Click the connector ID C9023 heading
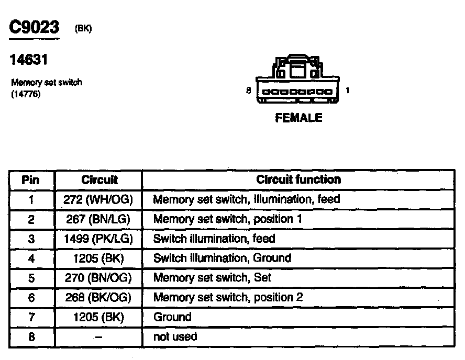tap(35, 28)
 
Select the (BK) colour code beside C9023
tap(83, 29)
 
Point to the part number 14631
tap(29, 60)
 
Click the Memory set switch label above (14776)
tap(47, 83)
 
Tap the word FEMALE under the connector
tap(298, 118)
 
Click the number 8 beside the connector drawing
tap(249, 91)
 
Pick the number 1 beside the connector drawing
tap(347, 91)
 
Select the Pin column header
tap(30, 180)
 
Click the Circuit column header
tap(99, 180)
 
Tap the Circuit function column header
tap(298, 179)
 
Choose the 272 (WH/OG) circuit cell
tap(99, 199)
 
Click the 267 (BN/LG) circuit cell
tap(99, 219)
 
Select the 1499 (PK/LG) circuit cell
tap(99, 239)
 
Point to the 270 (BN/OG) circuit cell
tap(99, 278)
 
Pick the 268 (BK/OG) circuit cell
tap(99, 297)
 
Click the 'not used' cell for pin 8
tap(175, 336)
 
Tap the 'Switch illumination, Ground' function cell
tap(222, 258)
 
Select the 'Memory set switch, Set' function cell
tap(212, 278)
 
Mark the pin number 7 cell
tap(31, 317)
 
